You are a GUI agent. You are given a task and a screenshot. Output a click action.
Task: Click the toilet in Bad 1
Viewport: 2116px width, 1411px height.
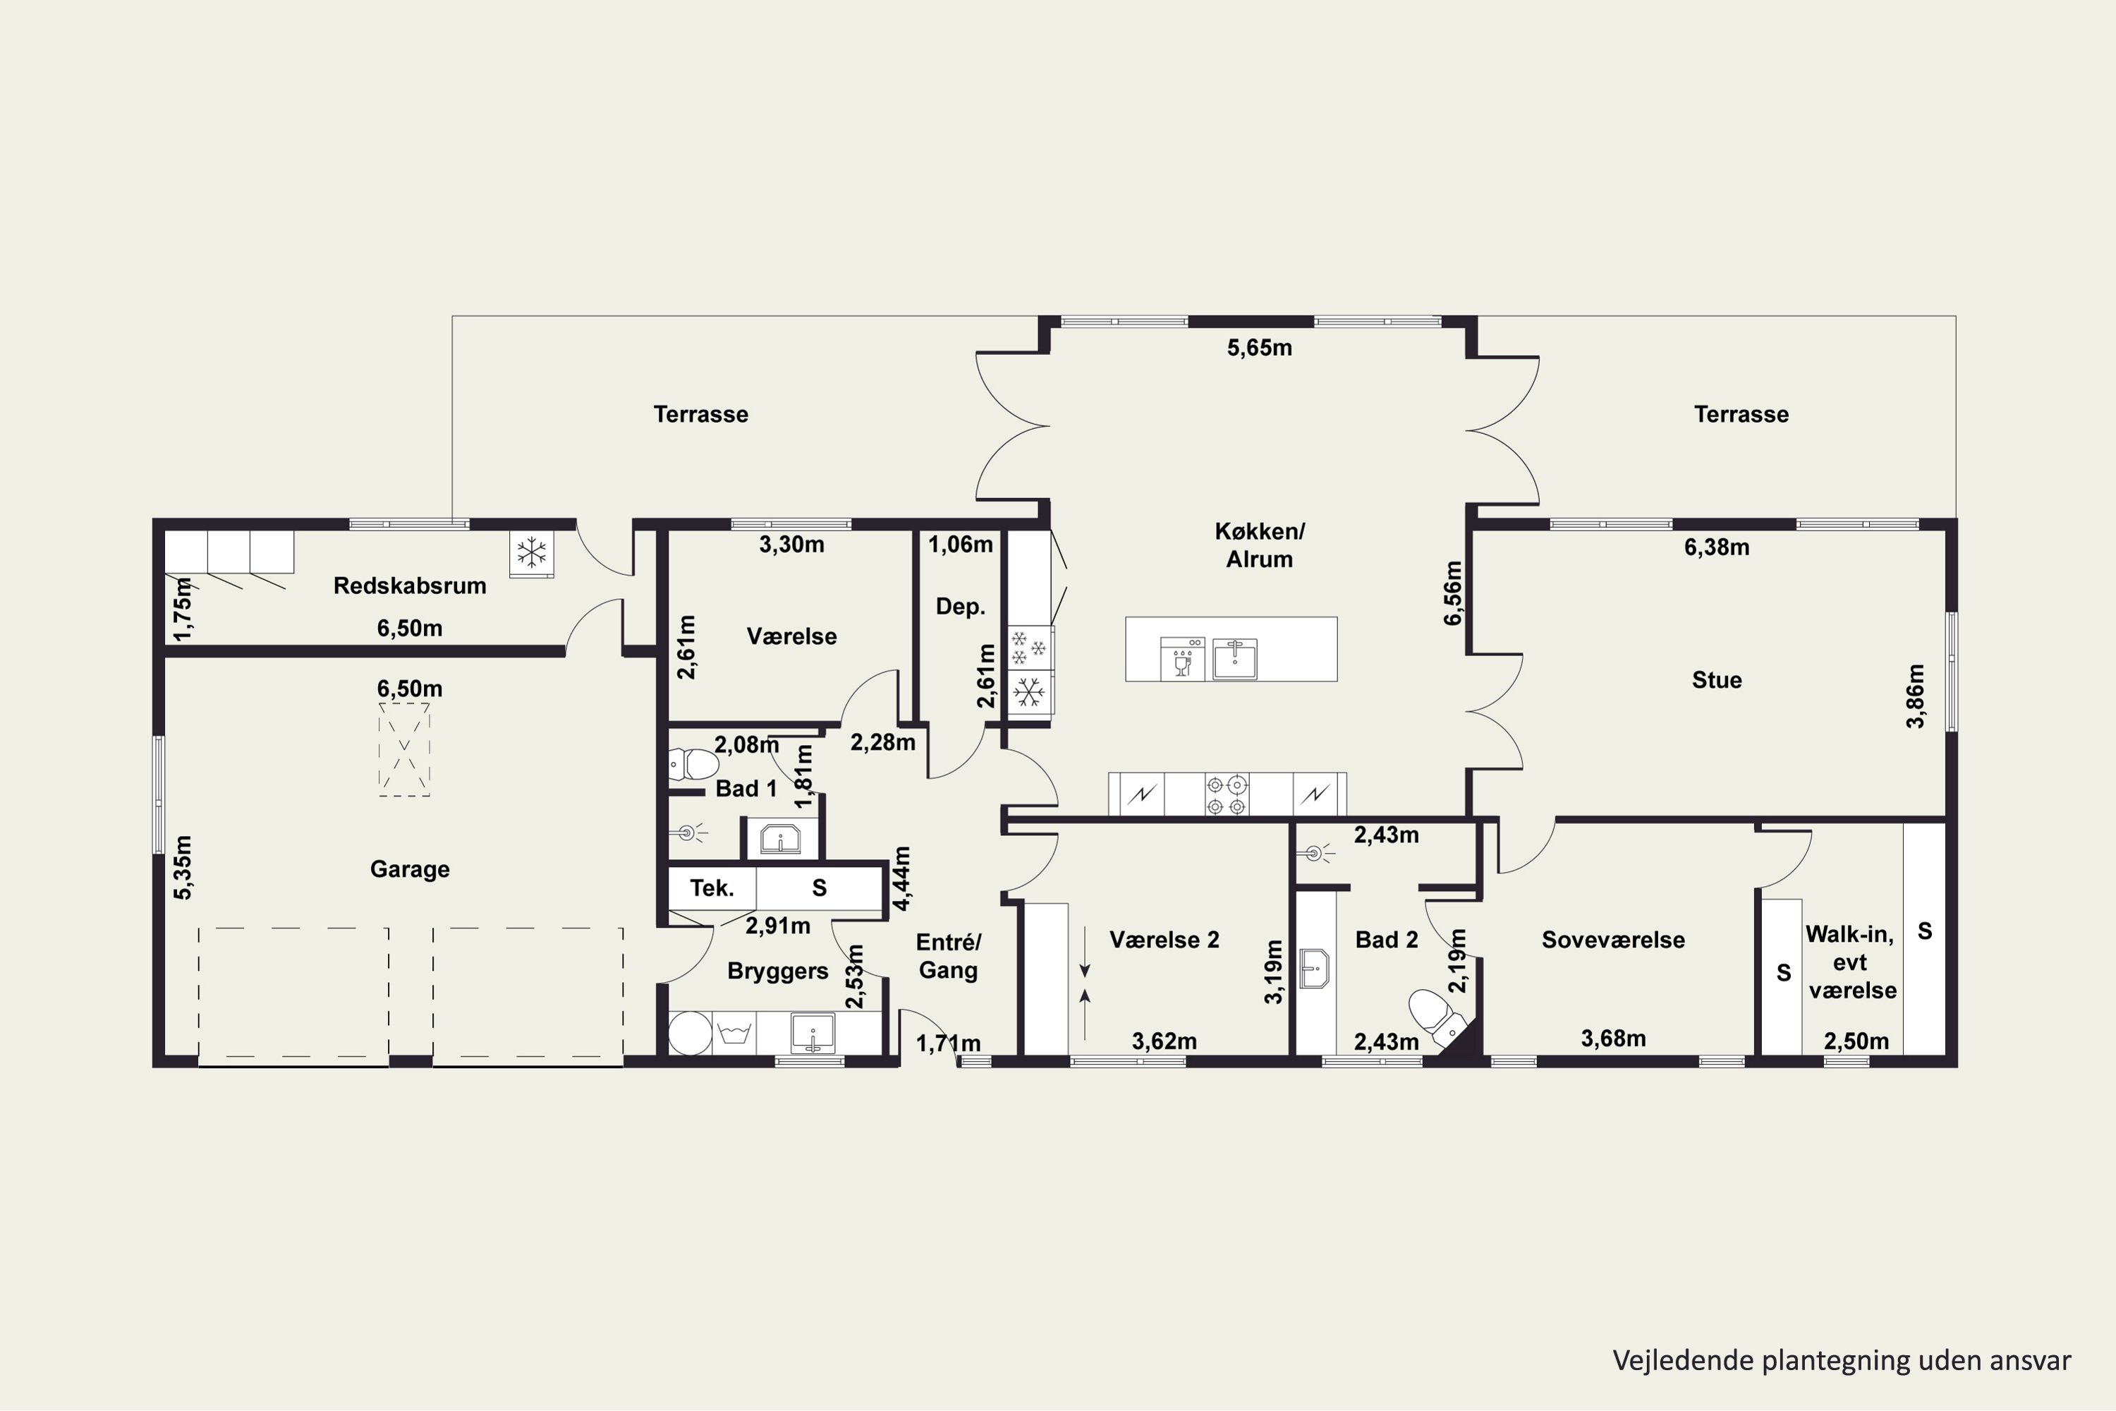point(693,765)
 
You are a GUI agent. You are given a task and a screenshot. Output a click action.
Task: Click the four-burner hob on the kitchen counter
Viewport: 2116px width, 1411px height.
point(1227,794)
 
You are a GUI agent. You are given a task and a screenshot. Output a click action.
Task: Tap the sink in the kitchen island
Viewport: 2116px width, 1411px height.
point(1234,658)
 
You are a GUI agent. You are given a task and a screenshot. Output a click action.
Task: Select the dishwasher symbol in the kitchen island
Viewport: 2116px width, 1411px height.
point(1182,658)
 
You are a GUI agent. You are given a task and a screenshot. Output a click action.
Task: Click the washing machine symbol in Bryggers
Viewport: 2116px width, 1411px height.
point(734,1032)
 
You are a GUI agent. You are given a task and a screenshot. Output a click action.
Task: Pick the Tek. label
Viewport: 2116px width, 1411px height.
point(712,888)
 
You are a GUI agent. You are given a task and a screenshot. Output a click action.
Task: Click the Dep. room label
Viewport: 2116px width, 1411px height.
point(960,607)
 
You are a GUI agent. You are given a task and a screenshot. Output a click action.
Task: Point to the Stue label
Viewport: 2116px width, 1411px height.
point(1717,680)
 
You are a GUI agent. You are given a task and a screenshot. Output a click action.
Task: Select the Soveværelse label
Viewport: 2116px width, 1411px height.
point(1613,940)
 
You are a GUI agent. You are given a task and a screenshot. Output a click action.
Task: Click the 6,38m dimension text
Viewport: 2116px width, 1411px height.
point(1717,547)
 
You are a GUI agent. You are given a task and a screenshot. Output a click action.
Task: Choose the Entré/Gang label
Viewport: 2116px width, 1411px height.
point(948,956)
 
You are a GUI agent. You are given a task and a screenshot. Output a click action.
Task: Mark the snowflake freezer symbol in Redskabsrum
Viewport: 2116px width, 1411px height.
point(532,552)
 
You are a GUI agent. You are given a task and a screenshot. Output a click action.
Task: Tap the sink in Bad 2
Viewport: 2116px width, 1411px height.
point(1315,968)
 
